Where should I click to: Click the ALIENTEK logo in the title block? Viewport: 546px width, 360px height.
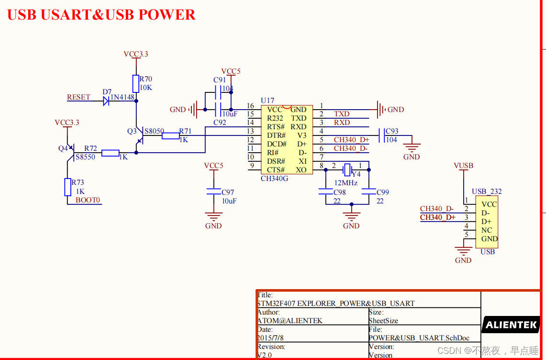pyautogui.click(x=511, y=325)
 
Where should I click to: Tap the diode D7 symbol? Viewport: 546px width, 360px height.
pyautogui.click(x=106, y=101)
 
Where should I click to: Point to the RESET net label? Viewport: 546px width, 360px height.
pyautogui.click(x=78, y=97)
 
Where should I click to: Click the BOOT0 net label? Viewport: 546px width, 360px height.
pyautogui.click(x=88, y=200)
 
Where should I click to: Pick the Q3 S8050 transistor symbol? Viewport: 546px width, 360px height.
pyautogui.click(x=139, y=139)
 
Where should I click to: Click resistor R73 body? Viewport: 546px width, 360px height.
pyautogui.click(x=67, y=187)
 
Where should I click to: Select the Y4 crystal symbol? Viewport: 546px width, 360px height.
pyautogui.click(x=347, y=169)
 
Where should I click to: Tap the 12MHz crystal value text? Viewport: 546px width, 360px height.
pyautogui.click(x=346, y=183)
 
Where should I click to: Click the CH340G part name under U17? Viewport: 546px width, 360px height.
pyautogui.click(x=275, y=179)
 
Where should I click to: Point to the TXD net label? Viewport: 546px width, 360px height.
pyautogui.click(x=342, y=114)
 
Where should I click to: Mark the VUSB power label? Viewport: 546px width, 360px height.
pyautogui.click(x=463, y=166)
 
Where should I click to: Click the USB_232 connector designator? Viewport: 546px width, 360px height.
pyautogui.click(x=487, y=191)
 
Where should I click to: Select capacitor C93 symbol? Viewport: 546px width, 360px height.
pyautogui.click(x=381, y=135)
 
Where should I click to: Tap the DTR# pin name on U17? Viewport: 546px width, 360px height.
pyautogui.click(x=276, y=135)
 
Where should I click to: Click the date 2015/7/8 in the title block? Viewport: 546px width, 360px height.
pyautogui.click(x=272, y=338)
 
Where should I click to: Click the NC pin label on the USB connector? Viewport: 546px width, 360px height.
pyautogui.click(x=487, y=230)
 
